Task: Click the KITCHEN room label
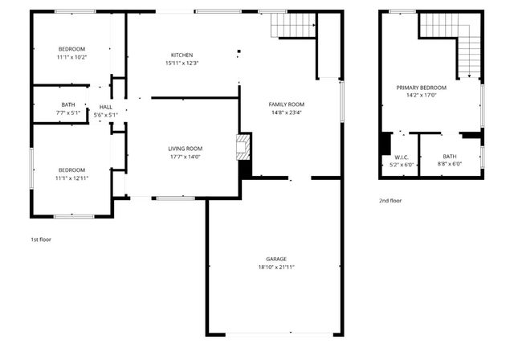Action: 182,55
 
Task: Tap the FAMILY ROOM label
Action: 286,104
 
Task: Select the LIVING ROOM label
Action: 185,149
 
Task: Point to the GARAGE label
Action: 271,259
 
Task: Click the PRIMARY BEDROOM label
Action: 422,87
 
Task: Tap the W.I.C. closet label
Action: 402,157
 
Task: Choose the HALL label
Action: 106,106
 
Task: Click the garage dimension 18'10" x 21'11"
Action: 271,267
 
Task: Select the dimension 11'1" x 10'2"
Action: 71,57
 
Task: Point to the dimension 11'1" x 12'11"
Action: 71,178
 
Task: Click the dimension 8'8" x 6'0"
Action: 450,165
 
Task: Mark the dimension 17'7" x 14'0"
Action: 185,157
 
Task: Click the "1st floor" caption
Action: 41,239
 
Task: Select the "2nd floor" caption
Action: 390,200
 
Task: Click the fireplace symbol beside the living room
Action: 243,147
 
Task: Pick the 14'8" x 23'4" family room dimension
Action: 286,112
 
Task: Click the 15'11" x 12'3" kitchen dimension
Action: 182,63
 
